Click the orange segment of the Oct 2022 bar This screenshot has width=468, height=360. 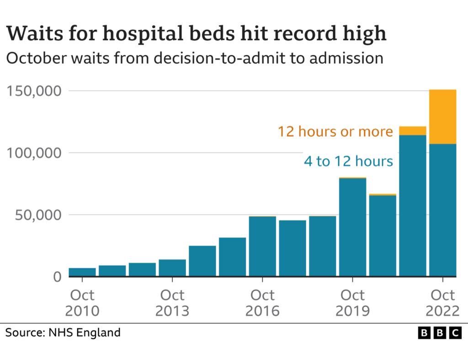(x=442, y=117)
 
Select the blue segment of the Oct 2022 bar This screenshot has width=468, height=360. (x=442, y=210)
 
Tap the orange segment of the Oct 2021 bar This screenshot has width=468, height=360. (x=412, y=131)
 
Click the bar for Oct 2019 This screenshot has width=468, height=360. (x=352, y=227)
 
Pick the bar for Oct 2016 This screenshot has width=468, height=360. (x=262, y=246)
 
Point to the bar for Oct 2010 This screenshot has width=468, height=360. (x=82, y=272)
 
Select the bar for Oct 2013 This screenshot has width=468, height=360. (x=172, y=268)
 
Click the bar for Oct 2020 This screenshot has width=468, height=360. (x=383, y=236)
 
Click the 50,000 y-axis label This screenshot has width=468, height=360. (x=38, y=215)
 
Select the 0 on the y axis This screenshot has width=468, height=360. (x=57, y=277)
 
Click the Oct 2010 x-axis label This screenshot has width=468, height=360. (x=82, y=302)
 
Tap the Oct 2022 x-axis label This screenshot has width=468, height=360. (x=442, y=302)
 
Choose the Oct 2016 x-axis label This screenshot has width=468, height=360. (x=262, y=302)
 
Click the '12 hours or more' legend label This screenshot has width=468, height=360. (x=335, y=132)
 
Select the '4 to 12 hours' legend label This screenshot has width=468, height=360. (x=348, y=161)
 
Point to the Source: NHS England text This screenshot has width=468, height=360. (x=63, y=332)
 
